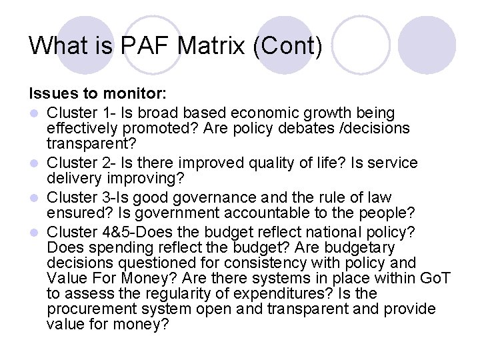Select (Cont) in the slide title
point(295,45)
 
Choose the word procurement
point(90,309)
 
